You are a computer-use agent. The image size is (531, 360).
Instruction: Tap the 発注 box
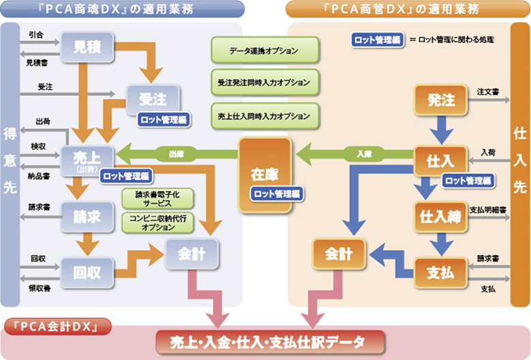[440, 101]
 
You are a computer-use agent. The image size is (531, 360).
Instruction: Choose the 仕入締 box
[440, 217]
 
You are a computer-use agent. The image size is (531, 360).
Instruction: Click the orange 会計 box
[339, 254]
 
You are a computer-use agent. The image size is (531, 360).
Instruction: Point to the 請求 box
[87, 217]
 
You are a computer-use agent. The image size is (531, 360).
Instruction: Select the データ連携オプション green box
[264, 51]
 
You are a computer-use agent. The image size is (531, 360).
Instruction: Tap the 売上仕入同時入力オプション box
[264, 114]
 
